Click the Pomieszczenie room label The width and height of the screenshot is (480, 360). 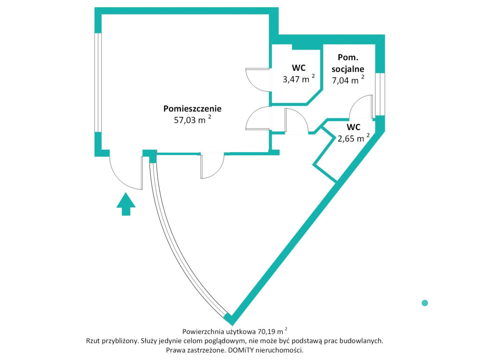(192, 108)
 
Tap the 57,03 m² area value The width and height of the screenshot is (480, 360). (190, 120)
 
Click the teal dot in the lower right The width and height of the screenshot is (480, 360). (425, 303)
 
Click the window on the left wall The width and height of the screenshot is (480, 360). (98, 82)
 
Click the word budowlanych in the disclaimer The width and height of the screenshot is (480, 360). (364, 341)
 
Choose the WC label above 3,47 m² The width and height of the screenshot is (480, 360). (298, 68)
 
